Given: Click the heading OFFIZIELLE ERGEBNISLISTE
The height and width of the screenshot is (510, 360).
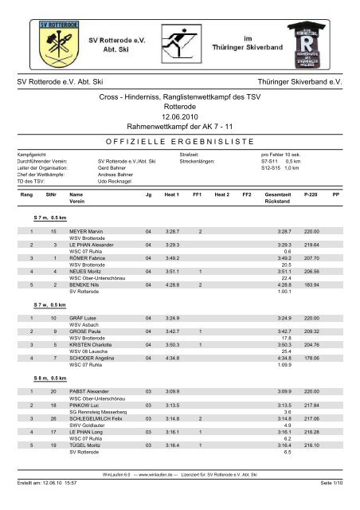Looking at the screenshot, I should tap(178, 139).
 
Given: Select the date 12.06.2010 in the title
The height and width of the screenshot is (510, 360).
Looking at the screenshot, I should tap(178, 115).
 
